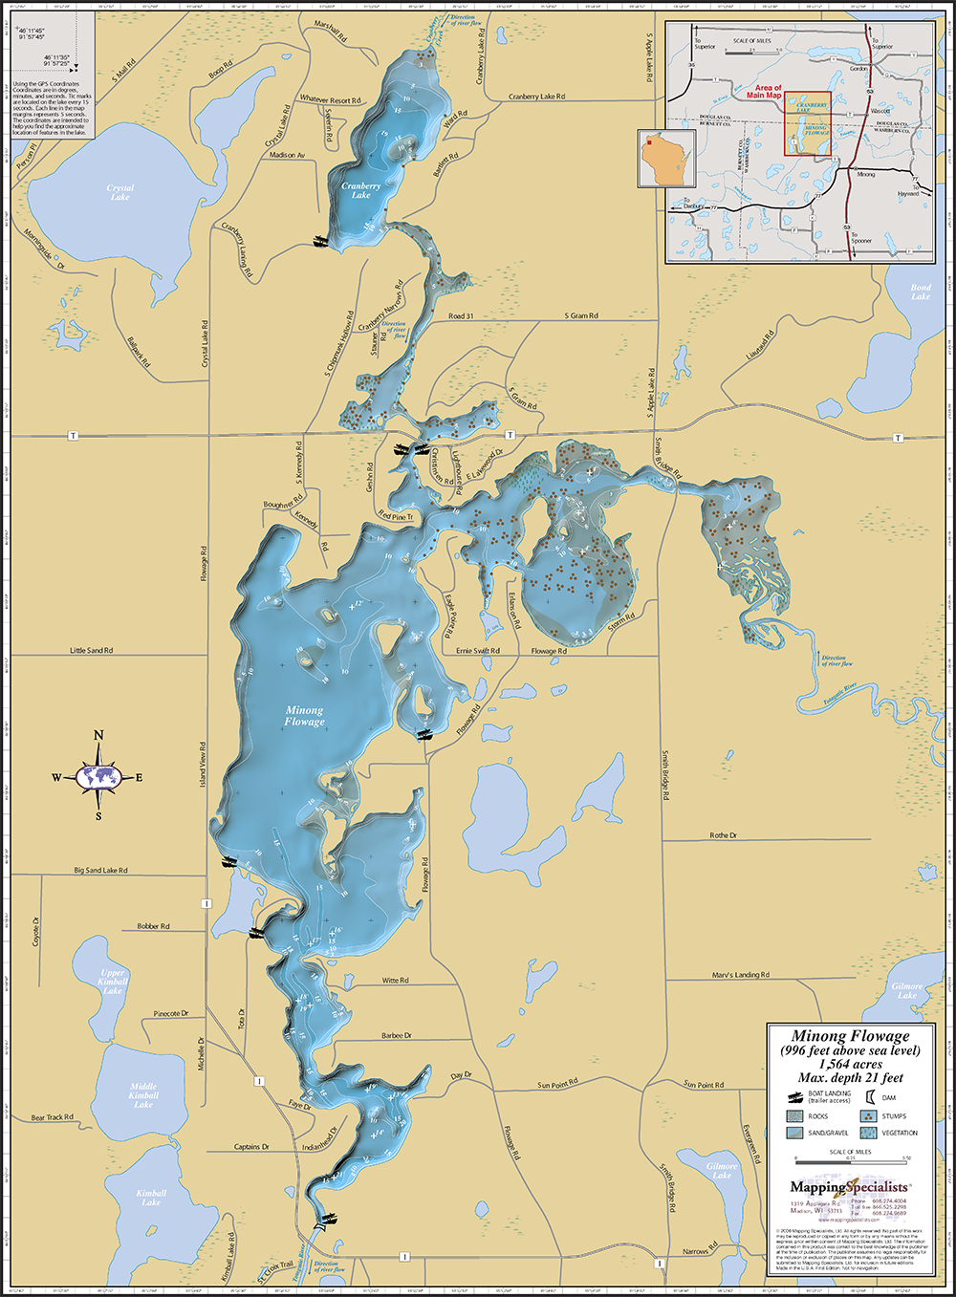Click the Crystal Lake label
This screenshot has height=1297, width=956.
point(120,192)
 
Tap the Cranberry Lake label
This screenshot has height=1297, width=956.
point(360,190)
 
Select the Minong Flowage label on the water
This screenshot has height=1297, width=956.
point(303,716)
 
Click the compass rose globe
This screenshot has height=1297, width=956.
point(98,777)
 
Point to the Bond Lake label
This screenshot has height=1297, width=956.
point(920,292)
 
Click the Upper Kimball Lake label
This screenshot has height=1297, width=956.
point(113,982)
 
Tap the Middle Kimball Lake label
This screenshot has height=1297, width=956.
point(143,1095)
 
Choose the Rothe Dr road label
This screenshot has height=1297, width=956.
point(723,835)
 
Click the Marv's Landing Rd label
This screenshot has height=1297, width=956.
point(741,975)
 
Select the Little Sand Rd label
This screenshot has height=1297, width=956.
point(91,650)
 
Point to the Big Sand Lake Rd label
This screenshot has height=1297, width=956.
point(100,871)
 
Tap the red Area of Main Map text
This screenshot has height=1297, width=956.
point(764,92)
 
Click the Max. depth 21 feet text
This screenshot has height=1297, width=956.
point(850,1077)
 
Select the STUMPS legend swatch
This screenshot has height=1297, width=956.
point(868,1115)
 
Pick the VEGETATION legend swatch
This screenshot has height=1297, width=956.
point(868,1133)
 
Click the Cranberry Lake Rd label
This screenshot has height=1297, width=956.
point(536,97)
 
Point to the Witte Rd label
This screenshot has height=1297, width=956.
point(395,981)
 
